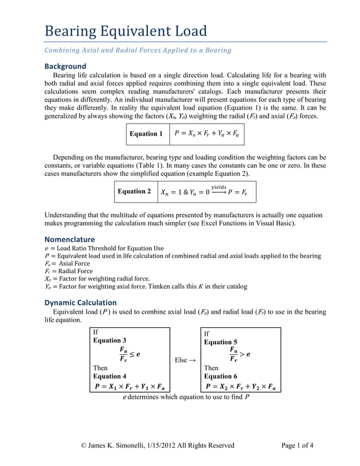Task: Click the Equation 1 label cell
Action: point(146,134)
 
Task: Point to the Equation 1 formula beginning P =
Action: point(207,134)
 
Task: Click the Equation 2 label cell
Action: point(134,192)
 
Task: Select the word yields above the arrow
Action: point(218,186)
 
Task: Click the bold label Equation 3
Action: point(109,340)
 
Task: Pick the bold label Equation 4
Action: point(109,376)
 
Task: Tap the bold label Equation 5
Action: point(220,342)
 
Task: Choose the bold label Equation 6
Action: point(220,376)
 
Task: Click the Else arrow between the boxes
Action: point(185,359)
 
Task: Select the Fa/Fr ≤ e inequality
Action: point(127,354)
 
